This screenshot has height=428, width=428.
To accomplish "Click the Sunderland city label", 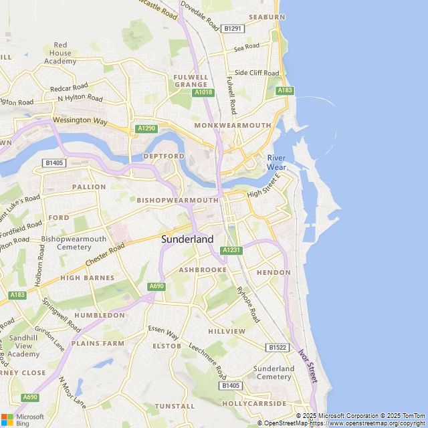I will pyautogui.click(x=187, y=239).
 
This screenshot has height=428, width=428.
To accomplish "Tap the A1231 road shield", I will pyautogui.click(x=231, y=250).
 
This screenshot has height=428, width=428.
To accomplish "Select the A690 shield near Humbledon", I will pyautogui.click(x=156, y=286).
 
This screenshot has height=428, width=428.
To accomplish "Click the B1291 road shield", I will pyautogui.click(x=233, y=28).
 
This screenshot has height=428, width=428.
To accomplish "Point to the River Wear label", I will pyautogui.click(x=276, y=162).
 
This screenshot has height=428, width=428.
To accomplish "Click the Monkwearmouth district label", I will pyautogui.click(x=233, y=125).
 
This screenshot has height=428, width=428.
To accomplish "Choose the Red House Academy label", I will pyautogui.click(x=61, y=53).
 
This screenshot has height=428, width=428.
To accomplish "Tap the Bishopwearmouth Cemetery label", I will pyautogui.click(x=74, y=243).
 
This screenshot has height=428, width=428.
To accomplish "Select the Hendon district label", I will pyautogui.click(x=273, y=273).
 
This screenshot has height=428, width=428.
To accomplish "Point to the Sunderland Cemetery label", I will pyautogui.click(x=274, y=372).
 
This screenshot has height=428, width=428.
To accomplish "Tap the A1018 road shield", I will pyautogui.click(x=203, y=92).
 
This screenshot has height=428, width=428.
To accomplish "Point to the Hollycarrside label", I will pyautogui.click(x=253, y=404).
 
